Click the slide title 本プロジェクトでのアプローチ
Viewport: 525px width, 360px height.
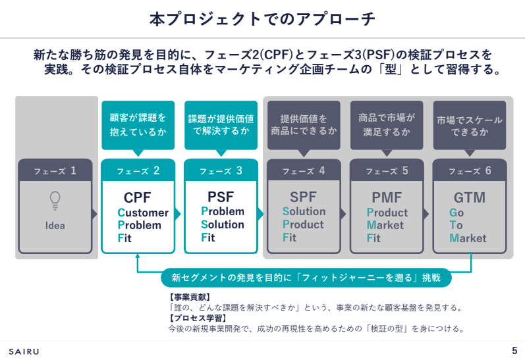[x=262, y=19]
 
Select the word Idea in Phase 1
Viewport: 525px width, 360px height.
[x=55, y=226]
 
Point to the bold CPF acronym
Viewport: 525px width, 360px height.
[x=138, y=197]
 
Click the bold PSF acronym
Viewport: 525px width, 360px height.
[x=221, y=197]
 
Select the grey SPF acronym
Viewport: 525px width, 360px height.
[x=304, y=197]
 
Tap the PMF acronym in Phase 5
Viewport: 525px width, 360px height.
[x=387, y=197]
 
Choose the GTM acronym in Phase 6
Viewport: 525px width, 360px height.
[x=469, y=197]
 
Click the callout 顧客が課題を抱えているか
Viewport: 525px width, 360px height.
[x=138, y=125]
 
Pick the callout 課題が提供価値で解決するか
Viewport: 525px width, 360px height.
[x=221, y=125]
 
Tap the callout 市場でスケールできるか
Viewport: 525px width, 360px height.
[x=470, y=126]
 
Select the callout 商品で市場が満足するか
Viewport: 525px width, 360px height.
[x=387, y=125]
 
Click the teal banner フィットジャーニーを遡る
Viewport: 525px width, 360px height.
[x=306, y=277]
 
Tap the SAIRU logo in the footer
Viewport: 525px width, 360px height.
[x=24, y=351]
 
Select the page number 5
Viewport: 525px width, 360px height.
[x=514, y=350]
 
